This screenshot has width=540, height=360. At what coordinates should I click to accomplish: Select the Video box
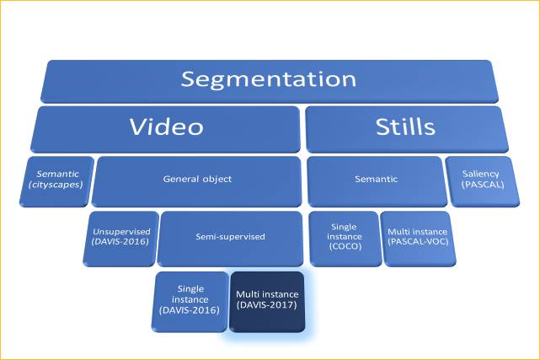point(166,128)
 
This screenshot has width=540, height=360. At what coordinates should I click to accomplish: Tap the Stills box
point(406,128)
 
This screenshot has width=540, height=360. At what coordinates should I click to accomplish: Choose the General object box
point(196,180)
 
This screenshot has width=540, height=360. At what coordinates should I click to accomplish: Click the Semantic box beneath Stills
point(376,179)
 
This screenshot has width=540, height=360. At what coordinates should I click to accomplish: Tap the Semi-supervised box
point(230,237)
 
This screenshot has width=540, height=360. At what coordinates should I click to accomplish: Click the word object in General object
point(216,180)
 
